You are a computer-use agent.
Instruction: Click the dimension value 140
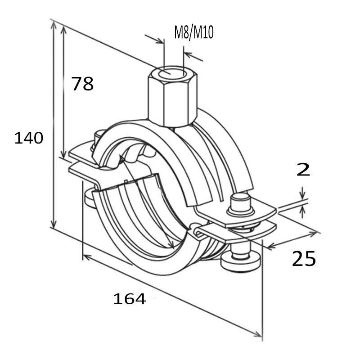pos(29,138)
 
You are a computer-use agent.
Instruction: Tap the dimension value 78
pos(83,84)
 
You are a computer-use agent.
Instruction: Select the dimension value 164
pos(130,298)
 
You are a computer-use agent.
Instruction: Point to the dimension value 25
pos(304,259)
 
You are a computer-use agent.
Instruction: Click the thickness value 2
pos(304,170)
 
